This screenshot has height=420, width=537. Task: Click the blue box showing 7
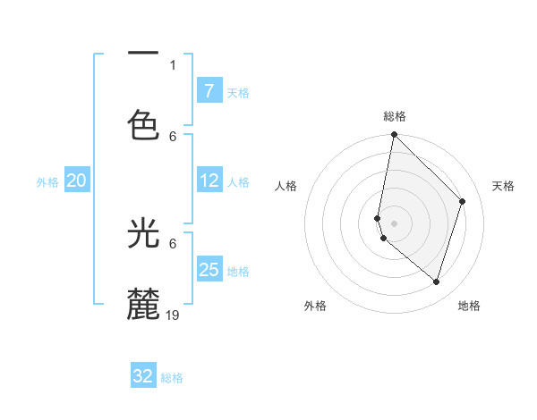[x=209, y=90]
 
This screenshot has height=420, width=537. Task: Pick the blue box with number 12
[x=209, y=181]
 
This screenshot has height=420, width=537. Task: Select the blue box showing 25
[x=209, y=270]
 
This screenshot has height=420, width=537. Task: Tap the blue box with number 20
[x=76, y=181]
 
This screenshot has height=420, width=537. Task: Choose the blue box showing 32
[x=143, y=376]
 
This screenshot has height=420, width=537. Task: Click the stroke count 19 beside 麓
[x=174, y=315]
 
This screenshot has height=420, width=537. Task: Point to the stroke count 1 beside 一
[x=173, y=64]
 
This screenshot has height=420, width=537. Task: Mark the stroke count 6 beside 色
[x=173, y=136]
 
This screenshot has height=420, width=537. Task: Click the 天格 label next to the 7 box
[x=238, y=92]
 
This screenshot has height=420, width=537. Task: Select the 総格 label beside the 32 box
[x=172, y=378]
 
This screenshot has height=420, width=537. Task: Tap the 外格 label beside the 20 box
[x=47, y=182]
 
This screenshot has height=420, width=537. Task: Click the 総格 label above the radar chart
[x=395, y=116]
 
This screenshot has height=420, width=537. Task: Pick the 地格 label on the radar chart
[x=469, y=306]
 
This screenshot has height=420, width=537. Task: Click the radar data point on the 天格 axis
[x=463, y=201]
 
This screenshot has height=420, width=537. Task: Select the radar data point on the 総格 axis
[x=394, y=134]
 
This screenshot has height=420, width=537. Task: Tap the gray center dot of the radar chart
[x=394, y=223]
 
